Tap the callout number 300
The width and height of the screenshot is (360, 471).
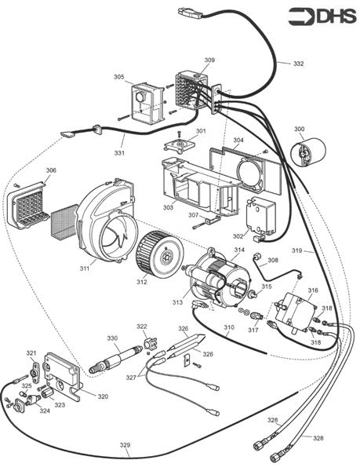(300, 129)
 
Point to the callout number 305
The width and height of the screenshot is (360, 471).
(118, 77)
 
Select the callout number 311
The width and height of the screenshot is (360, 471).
(85, 269)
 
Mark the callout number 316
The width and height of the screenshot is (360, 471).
(313, 290)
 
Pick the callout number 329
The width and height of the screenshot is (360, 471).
(125, 445)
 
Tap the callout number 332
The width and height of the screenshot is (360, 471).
(298, 63)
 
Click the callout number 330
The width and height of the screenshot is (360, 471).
(112, 338)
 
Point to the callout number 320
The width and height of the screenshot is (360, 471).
(103, 396)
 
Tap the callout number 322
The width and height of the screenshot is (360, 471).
(142, 326)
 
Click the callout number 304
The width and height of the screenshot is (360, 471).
(238, 141)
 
